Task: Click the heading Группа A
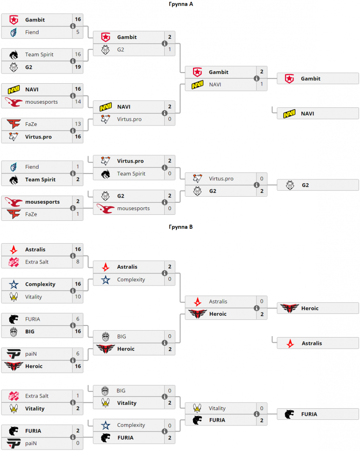point(181,4)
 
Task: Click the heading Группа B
point(181,226)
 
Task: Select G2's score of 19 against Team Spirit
point(78,67)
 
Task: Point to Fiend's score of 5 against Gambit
point(78,32)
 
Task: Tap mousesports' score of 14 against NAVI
point(78,101)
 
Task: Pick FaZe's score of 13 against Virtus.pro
point(78,124)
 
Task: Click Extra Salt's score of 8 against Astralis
point(78,262)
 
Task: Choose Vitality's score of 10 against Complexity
point(78,297)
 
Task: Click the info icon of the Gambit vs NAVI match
point(256,78)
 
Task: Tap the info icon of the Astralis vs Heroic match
point(256,308)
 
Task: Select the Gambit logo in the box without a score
point(289,79)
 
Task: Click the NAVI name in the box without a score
point(307,113)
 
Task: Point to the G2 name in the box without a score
point(305,185)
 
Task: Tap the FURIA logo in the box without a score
point(289,414)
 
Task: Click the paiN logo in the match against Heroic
point(13,354)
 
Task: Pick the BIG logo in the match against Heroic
point(106,336)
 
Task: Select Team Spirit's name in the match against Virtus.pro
point(131,174)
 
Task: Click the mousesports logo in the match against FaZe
point(13,202)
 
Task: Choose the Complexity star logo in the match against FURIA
point(106,425)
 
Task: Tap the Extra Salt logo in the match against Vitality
point(13,396)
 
